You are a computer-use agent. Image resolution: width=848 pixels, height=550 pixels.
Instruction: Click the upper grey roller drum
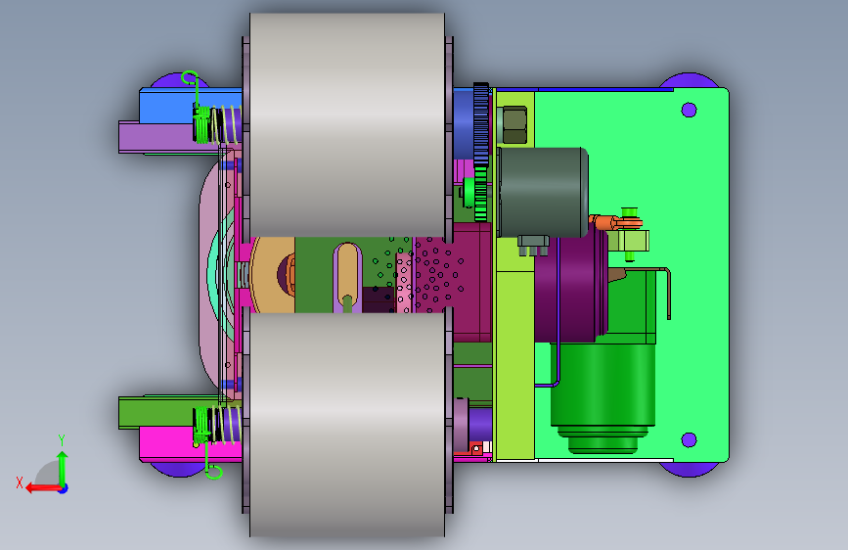tap(347, 125)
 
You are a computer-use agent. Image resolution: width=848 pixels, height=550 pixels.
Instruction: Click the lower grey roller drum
tap(347, 425)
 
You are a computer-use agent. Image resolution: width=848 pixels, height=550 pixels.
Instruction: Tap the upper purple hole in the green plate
tap(689, 110)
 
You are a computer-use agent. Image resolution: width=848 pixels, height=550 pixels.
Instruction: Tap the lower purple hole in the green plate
tap(689, 439)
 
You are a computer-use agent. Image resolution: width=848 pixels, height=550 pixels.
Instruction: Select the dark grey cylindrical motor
tap(543, 192)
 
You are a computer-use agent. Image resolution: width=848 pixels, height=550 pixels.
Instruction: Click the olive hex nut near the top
tap(514, 125)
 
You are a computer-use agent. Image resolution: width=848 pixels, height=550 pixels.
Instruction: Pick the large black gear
tap(481, 124)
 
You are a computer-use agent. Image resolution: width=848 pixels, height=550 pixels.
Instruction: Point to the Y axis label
tap(62, 439)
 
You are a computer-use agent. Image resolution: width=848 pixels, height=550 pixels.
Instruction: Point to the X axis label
tap(20, 482)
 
